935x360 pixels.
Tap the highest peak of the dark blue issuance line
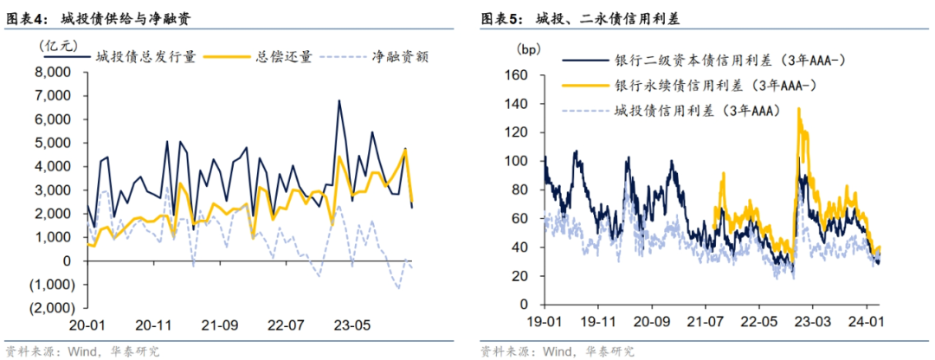[x=339, y=101]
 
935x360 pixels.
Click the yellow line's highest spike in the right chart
[x=798, y=109]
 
